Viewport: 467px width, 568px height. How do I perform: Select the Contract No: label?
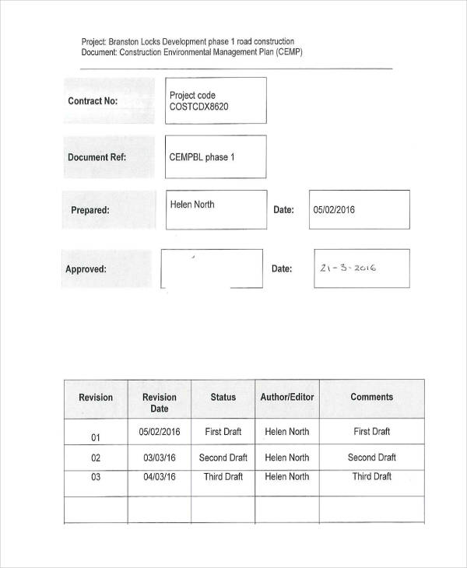(93, 101)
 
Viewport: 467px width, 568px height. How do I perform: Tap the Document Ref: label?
(97, 157)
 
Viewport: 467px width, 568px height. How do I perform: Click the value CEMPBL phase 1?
(202, 157)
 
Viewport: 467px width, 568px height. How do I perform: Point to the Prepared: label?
(90, 210)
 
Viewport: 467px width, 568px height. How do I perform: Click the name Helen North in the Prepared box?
(192, 205)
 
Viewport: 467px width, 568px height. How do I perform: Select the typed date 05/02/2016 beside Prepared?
(334, 209)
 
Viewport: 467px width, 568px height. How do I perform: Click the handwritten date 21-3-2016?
(348, 268)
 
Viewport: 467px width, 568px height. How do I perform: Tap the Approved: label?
(86, 269)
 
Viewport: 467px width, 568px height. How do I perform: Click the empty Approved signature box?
(212, 269)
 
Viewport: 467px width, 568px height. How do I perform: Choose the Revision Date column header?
(160, 402)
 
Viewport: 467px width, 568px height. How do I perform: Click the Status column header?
(223, 397)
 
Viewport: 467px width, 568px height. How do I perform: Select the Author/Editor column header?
(287, 397)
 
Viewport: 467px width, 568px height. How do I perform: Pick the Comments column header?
(372, 397)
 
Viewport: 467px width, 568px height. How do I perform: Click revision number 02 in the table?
(97, 458)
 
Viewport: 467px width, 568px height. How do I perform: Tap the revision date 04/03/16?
(160, 477)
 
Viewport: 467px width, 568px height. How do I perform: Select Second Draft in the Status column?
(223, 458)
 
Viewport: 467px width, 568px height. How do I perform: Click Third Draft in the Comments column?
(372, 477)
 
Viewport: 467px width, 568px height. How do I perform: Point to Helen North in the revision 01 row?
(287, 432)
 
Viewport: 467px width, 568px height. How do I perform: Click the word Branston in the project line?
(126, 41)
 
